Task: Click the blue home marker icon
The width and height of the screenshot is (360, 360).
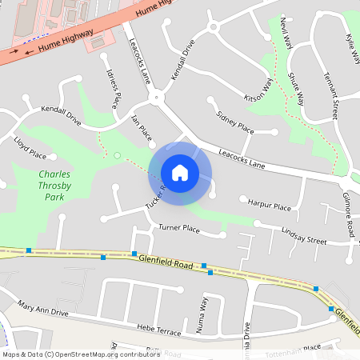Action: click(180, 173)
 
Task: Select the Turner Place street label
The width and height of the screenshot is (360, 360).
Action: click(178, 228)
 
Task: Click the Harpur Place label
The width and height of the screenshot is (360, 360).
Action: click(270, 206)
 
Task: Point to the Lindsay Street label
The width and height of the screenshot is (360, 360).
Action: click(304, 235)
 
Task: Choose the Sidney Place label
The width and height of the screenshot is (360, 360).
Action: click(235, 122)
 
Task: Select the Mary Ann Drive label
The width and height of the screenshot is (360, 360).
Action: click(43, 309)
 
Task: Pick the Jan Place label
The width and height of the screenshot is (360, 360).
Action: click(141, 128)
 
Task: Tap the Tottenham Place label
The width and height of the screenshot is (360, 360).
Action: click(300, 347)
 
